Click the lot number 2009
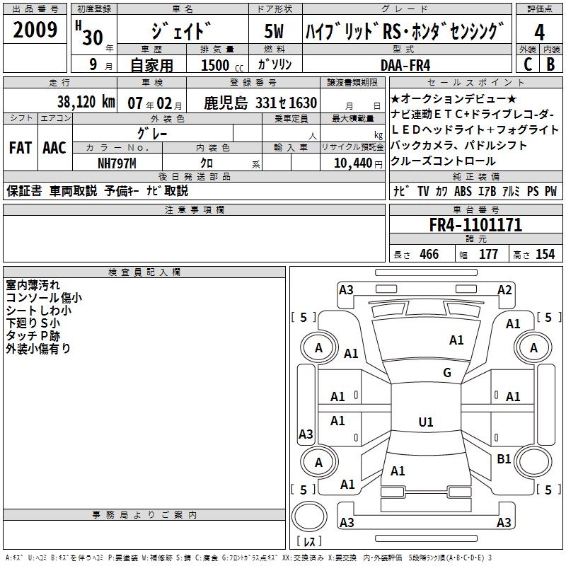(35, 30)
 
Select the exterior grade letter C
(528, 64)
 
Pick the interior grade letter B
(550, 64)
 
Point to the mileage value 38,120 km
(86, 102)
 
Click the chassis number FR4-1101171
(475, 226)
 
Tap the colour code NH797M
(116, 163)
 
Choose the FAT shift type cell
(20, 147)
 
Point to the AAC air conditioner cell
(54, 147)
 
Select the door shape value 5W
(275, 33)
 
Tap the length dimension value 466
(429, 255)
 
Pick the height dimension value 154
(545, 255)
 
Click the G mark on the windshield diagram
(447, 373)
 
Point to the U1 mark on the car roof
(426, 422)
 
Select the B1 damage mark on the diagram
(504, 459)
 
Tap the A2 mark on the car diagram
(504, 289)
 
